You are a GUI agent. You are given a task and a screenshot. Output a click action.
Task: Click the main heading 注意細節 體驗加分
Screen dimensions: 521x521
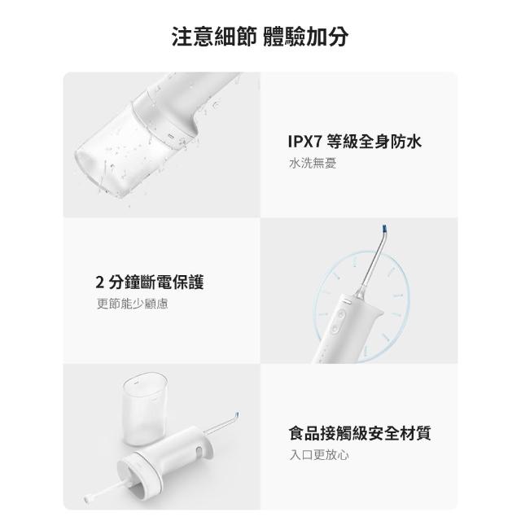pyautogui.click(x=260, y=36)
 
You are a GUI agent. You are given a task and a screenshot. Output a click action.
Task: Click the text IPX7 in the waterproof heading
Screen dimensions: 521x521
pyautogui.click(x=305, y=142)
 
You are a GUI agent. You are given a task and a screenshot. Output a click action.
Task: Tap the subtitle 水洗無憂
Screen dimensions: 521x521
pyautogui.click(x=313, y=163)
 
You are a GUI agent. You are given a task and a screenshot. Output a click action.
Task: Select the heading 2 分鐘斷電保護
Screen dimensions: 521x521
pyautogui.click(x=150, y=282)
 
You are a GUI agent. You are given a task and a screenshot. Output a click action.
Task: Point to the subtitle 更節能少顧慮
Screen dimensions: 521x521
pyautogui.click(x=132, y=304)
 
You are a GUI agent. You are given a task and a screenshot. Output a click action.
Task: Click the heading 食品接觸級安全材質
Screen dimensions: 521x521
pyautogui.click(x=360, y=433)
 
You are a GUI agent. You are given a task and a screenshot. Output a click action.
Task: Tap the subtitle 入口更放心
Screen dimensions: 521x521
pyautogui.click(x=319, y=455)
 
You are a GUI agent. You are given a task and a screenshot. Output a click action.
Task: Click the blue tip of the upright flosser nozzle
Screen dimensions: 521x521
pyautogui.click(x=385, y=229)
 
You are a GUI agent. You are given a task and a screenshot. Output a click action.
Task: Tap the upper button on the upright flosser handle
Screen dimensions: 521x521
pyautogui.click(x=341, y=314)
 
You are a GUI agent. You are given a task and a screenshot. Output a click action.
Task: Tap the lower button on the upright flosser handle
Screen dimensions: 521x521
pyautogui.click(x=335, y=329)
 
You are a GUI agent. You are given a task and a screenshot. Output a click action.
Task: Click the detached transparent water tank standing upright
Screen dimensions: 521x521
pyautogui.click(x=145, y=409)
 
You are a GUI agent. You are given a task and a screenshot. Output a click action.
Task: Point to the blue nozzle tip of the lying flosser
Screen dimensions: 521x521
pyautogui.click(x=236, y=415)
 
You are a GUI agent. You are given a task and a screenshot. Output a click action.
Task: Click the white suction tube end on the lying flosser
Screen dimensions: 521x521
pyautogui.click(x=88, y=498)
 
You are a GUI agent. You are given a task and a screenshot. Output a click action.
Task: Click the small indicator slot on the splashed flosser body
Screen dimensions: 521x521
pyautogui.click(x=172, y=136)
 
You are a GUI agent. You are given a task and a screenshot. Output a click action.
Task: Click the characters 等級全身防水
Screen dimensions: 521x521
pyautogui.click(x=374, y=142)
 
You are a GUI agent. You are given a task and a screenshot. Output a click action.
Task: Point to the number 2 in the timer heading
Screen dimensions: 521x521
pyautogui.click(x=99, y=282)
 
